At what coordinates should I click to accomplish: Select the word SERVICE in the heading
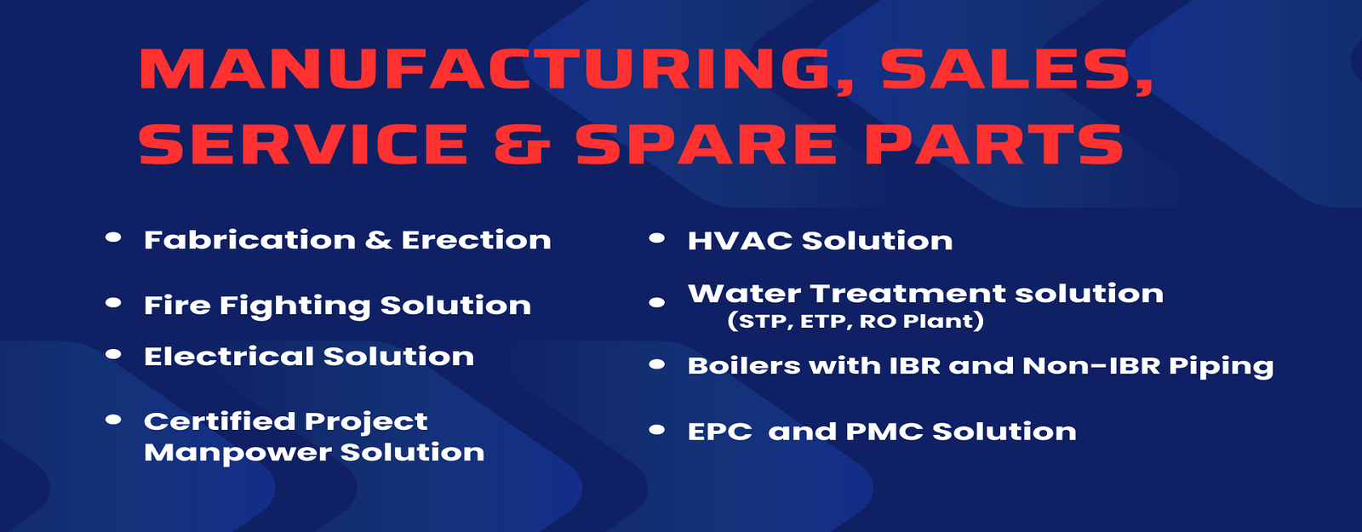pos(303,144)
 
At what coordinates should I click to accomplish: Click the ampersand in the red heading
pos(523,144)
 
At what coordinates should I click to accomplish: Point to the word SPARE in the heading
pos(707,144)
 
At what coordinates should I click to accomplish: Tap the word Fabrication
pos(250,239)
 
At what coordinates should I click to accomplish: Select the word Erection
pos(476,239)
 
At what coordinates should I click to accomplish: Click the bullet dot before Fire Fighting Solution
pos(113,303)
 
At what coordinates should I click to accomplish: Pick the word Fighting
pos(295,306)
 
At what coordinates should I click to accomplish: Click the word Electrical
pos(229,357)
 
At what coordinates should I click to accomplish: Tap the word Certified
pos(220,420)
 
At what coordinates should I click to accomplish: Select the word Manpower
pos(237,452)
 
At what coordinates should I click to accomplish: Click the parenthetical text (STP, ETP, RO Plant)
pos(855,321)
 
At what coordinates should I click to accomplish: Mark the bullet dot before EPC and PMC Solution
pos(656,430)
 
